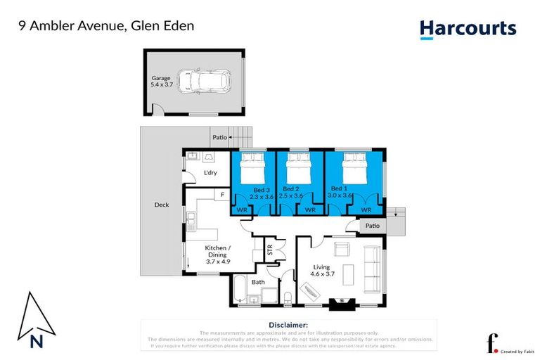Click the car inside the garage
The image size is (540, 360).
click(204, 82)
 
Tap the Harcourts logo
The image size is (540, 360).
click(468, 29)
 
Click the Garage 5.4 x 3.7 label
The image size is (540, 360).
click(162, 82)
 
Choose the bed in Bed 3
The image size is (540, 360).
click(252, 169)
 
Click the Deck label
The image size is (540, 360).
click(162, 205)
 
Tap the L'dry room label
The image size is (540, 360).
click(210, 172)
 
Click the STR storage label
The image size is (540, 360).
click(269, 249)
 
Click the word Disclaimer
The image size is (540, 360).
click(288, 325)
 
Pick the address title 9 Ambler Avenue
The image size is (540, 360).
click(106, 26)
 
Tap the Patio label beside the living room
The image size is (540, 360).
click(372, 226)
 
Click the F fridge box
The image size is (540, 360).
click(222, 193)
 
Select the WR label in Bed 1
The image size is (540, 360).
click(366, 210)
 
